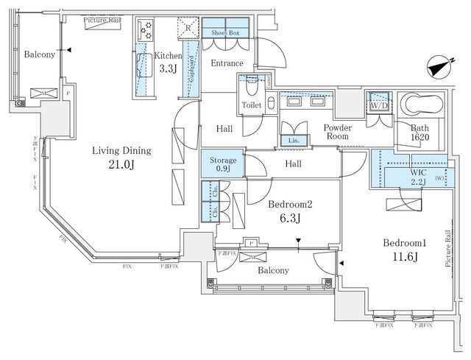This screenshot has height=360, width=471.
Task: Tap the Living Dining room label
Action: tap(121, 151)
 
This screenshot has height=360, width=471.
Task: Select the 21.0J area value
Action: tap(121, 166)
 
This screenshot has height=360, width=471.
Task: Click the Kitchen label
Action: tap(168, 56)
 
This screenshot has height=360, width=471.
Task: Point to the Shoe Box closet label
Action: tap(226, 33)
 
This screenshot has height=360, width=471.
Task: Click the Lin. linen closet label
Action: tap(294, 140)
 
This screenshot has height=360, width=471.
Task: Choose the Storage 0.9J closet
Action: tap(222, 164)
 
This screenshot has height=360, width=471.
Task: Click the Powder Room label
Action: tap(338, 132)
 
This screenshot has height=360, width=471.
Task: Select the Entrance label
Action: tap(227, 64)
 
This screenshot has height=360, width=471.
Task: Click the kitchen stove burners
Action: tap(144, 29)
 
